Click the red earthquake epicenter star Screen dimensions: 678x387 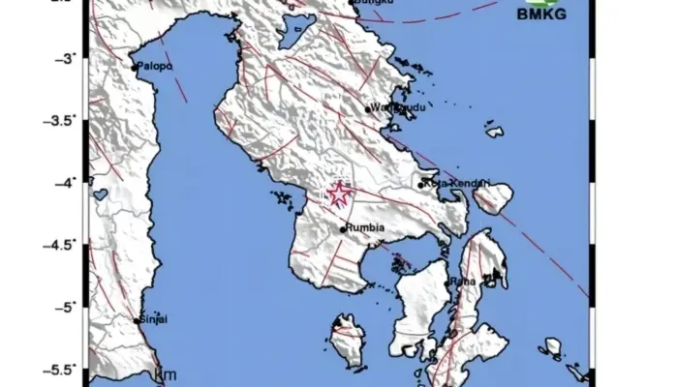click(339, 194)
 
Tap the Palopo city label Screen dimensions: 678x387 click(155, 67)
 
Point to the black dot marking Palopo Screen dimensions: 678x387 click(135, 68)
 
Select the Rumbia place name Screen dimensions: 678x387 click(366, 228)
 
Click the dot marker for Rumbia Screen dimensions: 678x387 click(343, 229)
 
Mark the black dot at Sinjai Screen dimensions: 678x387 click(136, 320)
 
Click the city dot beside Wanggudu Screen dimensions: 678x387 click(368, 108)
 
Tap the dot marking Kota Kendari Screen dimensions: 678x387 click(421, 184)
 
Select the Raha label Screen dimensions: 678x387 click(461, 281)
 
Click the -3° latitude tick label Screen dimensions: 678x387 click(64, 59)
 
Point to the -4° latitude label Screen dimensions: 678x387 click(64, 183)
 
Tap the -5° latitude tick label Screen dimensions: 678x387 click(64, 308)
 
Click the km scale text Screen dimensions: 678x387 click(166, 374)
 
